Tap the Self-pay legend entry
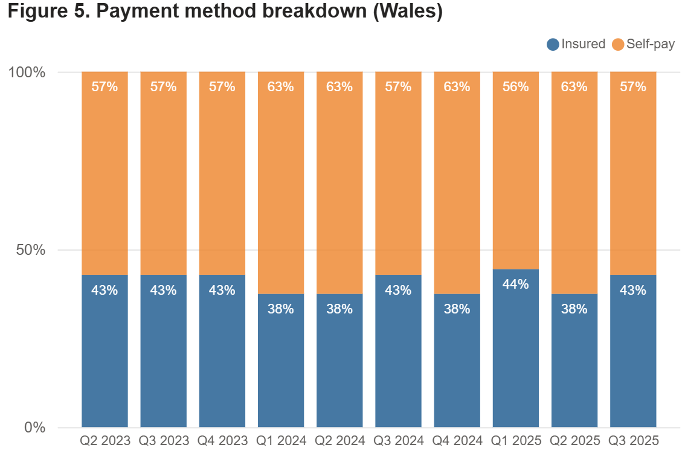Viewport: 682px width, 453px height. [x=643, y=44]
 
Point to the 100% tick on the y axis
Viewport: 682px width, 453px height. [x=27, y=72]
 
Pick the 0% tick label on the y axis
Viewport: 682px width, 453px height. [x=34, y=428]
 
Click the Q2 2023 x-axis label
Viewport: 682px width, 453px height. [x=105, y=440]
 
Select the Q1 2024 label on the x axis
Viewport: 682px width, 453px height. [x=281, y=440]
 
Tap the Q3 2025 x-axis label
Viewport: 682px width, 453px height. [x=633, y=440]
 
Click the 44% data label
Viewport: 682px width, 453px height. [x=515, y=284]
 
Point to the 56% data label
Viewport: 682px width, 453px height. [x=515, y=87]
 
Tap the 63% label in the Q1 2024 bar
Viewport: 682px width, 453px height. [x=281, y=87]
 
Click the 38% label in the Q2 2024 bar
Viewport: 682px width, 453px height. [x=339, y=309]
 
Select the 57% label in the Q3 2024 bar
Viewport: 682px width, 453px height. [x=398, y=87]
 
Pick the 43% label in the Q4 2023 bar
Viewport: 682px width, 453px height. [x=222, y=290]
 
